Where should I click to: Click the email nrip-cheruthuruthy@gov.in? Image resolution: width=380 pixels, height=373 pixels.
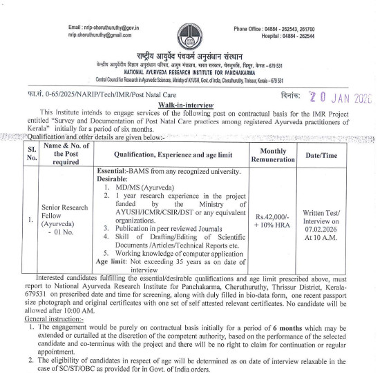(x=101, y=27)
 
